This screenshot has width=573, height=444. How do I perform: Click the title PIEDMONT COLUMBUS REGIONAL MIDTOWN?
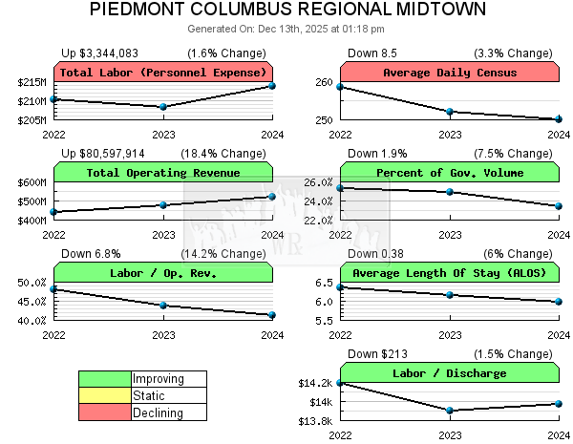point(287,10)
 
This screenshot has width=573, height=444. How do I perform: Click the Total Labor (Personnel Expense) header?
point(163,73)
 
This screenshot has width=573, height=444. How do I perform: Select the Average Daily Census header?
point(450,73)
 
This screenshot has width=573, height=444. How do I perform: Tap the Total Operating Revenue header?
point(163,173)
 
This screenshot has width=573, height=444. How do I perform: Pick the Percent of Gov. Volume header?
point(450,173)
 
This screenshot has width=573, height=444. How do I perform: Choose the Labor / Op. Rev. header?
point(163,273)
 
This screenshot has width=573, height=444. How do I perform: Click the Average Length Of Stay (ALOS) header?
point(450,273)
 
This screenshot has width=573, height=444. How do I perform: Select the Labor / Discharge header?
point(450,373)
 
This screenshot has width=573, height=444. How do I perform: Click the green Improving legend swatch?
point(105,379)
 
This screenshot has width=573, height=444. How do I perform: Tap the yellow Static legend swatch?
point(105,395)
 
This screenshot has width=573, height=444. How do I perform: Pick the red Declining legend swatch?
point(105,412)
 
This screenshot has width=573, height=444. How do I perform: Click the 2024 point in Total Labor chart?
point(272,86)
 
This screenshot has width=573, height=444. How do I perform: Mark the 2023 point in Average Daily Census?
point(450,112)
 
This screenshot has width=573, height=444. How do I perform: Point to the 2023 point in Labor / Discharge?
point(450,411)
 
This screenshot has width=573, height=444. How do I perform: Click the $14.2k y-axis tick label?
point(316,384)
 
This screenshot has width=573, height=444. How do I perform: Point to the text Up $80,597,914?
point(103,153)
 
